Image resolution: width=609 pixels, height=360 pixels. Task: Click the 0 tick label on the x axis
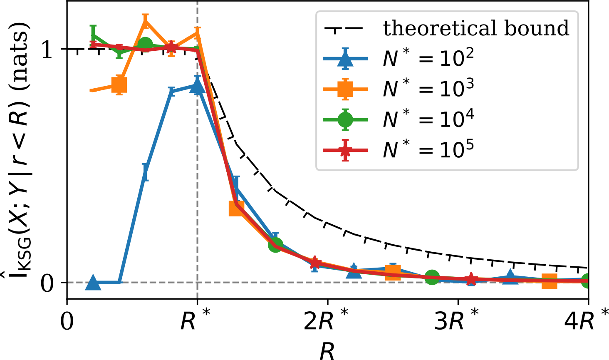click(x=67, y=321)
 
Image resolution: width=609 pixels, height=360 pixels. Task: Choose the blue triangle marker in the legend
click(x=345, y=59)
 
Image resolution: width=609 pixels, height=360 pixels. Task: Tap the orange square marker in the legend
click(x=345, y=89)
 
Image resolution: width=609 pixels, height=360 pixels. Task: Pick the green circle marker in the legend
click(x=345, y=119)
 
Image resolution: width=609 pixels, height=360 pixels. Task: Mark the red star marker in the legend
click(x=345, y=150)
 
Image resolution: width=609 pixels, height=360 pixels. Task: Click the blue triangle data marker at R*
click(x=197, y=87)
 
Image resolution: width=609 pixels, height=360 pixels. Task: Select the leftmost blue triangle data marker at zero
click(x=93, y=283)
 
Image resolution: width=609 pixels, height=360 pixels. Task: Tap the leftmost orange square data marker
click(x=119, y=85)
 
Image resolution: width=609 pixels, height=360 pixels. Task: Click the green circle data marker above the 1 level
click(x=146, y=45)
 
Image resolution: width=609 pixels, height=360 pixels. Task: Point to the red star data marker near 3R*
click(x=471, y=279)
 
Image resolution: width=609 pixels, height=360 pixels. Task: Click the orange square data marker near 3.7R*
click(x=550, y=281)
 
